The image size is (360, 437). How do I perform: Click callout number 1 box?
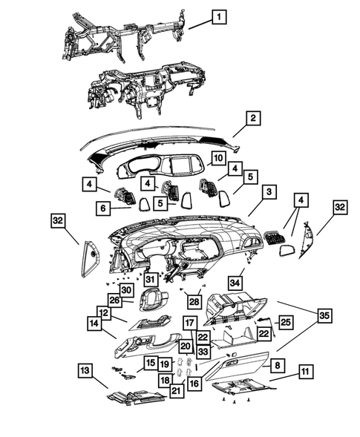(x=219, y=17)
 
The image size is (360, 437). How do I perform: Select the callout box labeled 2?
(x=253, y=118)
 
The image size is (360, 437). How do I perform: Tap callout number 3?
(x=269, y=191)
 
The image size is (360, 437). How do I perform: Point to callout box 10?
(x=218, y=158)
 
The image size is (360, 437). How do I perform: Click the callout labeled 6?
(x=103, y=208)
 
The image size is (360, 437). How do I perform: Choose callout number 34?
(x=235, y=283)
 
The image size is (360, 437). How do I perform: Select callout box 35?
(x=324, y=316)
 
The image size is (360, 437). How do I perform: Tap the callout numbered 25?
(x=286, y=323)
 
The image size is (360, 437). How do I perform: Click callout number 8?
(x=277, y=365)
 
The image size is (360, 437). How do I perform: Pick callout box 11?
(x=306, y=372)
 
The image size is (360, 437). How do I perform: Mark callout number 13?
(x=85, y=371)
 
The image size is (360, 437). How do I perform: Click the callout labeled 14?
(x=94, y=323)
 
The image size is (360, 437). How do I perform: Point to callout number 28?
(x=194, y=301)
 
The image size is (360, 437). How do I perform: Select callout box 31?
(x=150, y=279)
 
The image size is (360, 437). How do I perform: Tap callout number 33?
(x=203, y=352)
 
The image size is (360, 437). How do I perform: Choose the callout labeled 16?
(x=194, y=384)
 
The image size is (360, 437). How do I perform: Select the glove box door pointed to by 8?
(x=238, y=366)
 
